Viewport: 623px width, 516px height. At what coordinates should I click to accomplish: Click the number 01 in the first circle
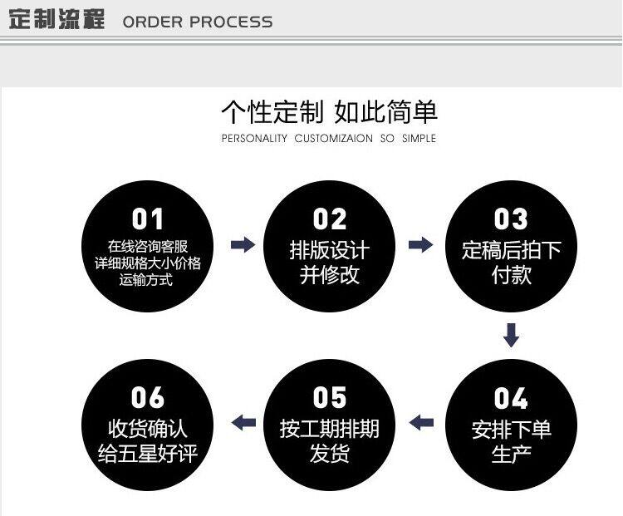pos(148,219)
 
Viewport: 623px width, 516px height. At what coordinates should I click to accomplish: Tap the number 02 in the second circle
pos(329,219)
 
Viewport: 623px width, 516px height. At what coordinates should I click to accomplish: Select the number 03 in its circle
pos(511,219)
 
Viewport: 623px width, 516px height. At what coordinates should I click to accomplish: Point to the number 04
pos(511,398)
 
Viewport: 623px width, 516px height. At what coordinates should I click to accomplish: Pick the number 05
pos(329,398)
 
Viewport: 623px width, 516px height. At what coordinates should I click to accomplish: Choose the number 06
pos(148,398)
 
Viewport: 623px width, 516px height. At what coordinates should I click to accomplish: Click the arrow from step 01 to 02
pos(243,244)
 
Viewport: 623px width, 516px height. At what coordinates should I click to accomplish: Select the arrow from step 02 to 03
pos(421,244)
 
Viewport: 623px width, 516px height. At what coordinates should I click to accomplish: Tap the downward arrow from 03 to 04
pos(512,334)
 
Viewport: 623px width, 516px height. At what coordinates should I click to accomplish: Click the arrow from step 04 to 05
pos(421,422)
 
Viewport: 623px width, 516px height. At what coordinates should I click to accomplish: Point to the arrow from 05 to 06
pos(243,422)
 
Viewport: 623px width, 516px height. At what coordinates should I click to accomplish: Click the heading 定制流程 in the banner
pos(56,20)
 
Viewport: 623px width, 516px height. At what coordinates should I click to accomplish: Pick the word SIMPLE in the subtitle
pos(419,139)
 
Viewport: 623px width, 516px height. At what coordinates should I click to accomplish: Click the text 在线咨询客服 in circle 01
pos(148,246)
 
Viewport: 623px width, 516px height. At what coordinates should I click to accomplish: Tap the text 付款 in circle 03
pos(511,275)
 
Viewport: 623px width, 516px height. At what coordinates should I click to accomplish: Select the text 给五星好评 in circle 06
pos(148,454)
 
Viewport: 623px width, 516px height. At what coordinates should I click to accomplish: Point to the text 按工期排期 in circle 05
pos(329,429)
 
